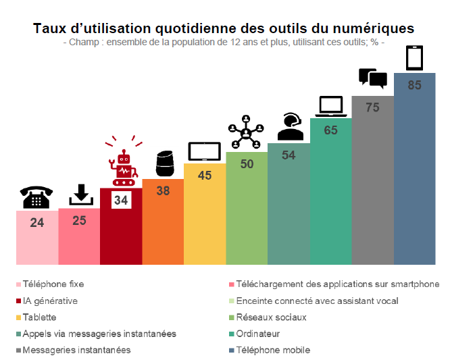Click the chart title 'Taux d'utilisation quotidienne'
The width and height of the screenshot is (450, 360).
click(x=224, y=28)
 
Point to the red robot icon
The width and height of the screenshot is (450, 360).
click(x=122, y=165)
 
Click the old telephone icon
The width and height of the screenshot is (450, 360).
click(x=37, y=197)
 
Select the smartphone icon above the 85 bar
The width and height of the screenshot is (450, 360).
click(x=415, y=58)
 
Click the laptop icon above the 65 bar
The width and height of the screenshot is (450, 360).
click(x=331, y=105)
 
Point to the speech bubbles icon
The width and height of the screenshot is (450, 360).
click(x=372, y=78)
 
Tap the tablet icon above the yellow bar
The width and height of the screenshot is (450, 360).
click(x=204, y=151)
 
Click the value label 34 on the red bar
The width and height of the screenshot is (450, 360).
click(x=121, y=200)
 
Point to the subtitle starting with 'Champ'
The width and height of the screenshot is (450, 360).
click(x=224, y=43)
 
